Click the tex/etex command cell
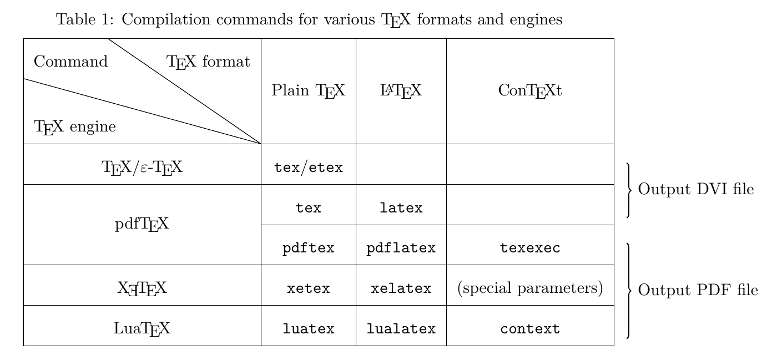309,167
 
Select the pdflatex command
401,248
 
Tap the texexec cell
530,248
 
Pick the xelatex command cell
401,288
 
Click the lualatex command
401,329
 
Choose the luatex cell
309,329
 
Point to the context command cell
530,329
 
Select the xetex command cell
309,288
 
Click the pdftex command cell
309,248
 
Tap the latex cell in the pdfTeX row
401,209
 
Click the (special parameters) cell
530,288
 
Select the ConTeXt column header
530,90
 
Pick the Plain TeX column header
309,90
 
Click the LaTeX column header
401,90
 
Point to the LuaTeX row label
142,329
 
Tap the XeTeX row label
142,288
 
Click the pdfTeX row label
142,225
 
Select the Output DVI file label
696,190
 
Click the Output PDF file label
698,290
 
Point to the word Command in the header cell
71,62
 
